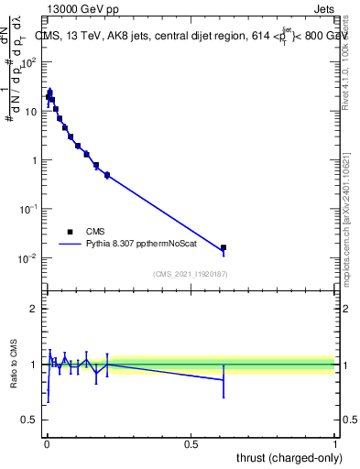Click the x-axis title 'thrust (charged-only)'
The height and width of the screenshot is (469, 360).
click(x=285, y=457)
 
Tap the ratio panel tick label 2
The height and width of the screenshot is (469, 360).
click(x=34, y=309)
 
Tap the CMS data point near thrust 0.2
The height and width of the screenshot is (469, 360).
click(x=107, y=175)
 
